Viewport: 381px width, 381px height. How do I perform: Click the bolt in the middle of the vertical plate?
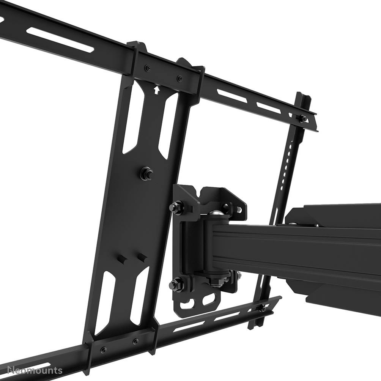(145, 173)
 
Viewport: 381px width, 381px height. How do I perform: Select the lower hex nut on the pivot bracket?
(175, 283)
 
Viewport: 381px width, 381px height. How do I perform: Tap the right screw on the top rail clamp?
(179, 78)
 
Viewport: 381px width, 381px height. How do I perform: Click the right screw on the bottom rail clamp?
(135, 341)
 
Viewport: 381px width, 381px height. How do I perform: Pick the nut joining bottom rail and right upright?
(262, 308)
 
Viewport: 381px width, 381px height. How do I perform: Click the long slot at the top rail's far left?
(61, 40)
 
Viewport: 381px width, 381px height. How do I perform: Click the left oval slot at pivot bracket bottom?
(189, 304)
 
